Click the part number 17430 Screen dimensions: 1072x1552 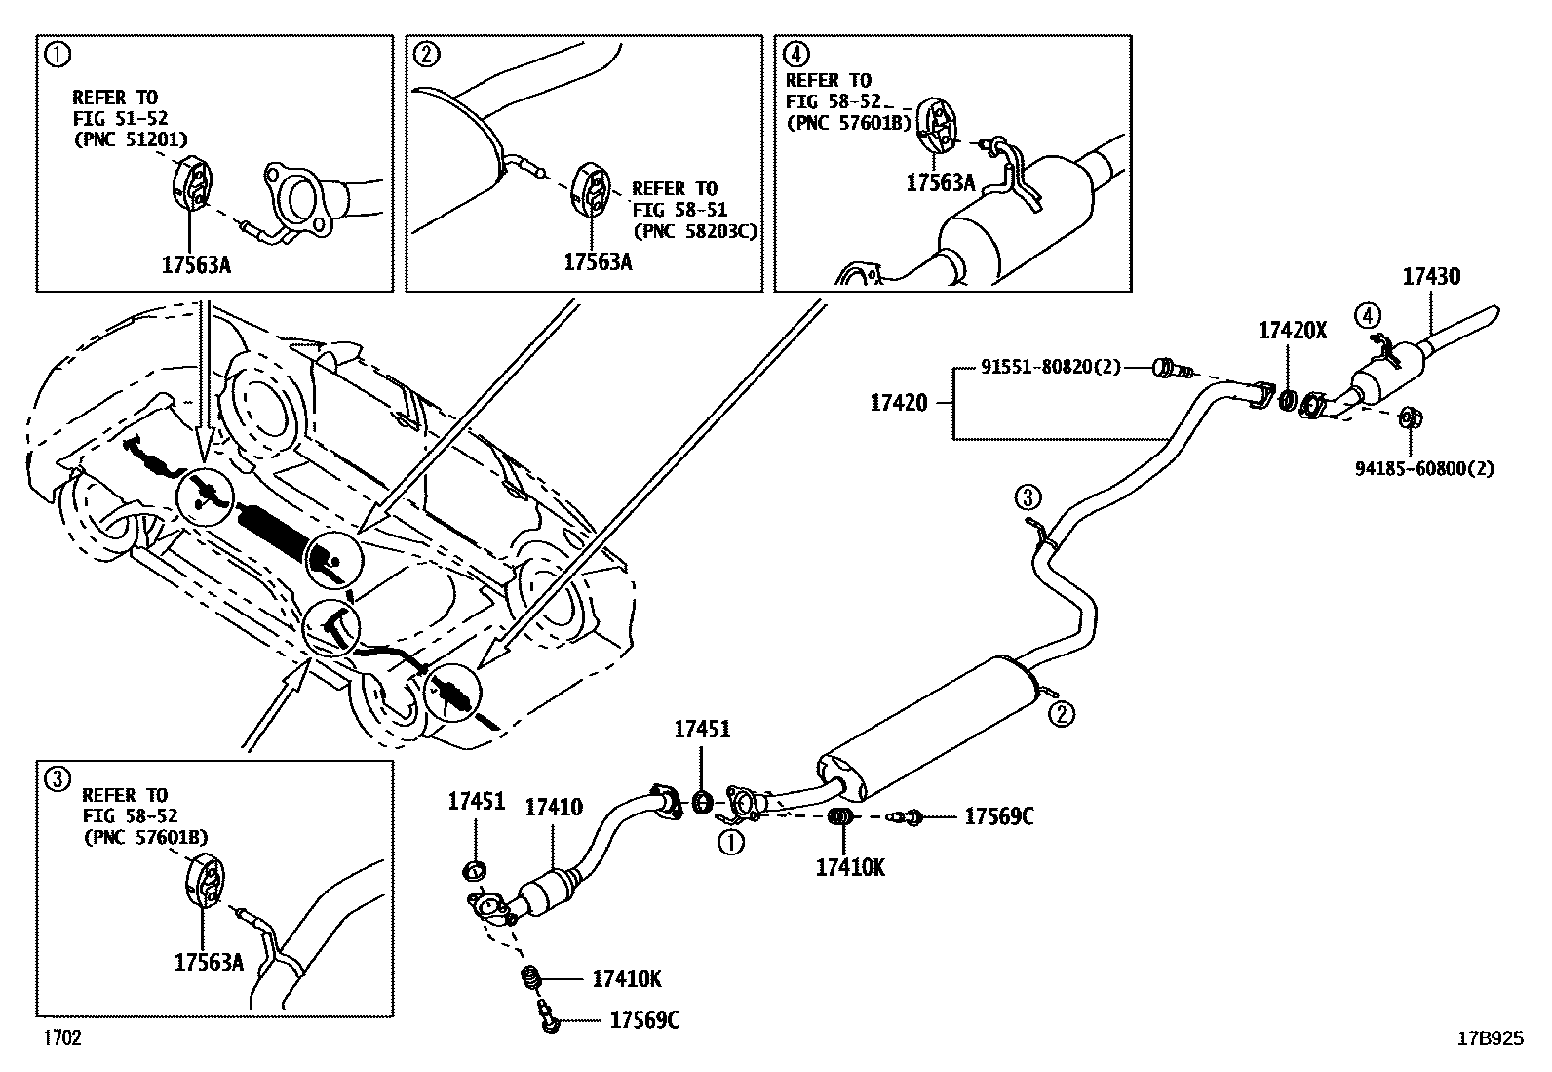[1431, 277]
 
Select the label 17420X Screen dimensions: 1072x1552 [1292, 331]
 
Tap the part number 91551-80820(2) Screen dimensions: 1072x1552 [1050, 368]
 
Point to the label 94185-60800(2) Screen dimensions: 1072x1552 [1424, 468]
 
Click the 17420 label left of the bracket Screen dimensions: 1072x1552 [898, 401]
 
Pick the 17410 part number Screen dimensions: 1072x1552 [553, 807]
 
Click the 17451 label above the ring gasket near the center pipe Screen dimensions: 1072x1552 [702, 730]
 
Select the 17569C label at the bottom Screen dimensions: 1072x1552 [644, 1020]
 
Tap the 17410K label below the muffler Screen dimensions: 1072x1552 [850, 867]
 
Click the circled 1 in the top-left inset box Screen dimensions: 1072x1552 [58, 56]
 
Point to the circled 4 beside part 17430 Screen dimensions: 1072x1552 [1368, 314]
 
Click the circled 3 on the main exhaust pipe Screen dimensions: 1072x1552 [1027, 498]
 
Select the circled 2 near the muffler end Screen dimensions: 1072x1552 [1062, 714]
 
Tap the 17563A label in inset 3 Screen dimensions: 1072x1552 [209, 962]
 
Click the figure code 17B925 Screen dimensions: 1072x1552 [1489, 1039]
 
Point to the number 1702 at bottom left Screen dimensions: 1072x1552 [60, 1038]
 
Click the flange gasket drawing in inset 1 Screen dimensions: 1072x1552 [296, 203]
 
